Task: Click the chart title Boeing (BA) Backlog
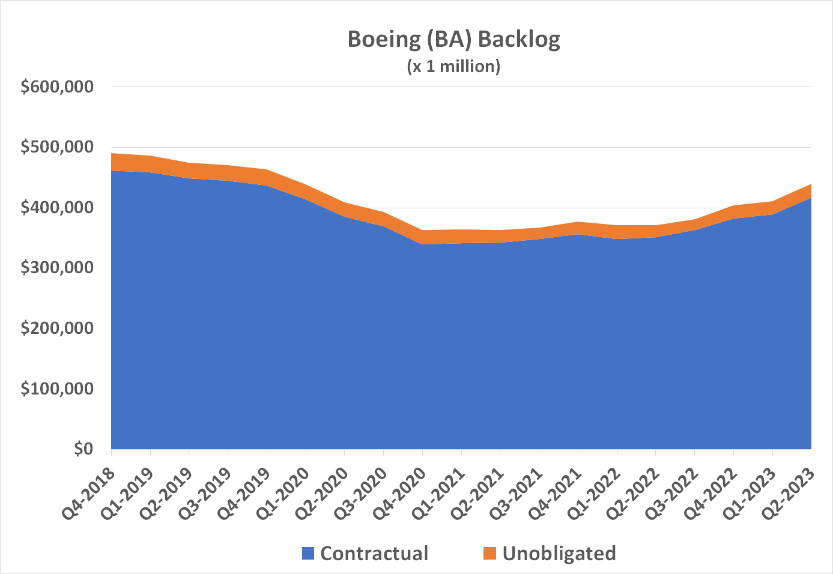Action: pos(453,40)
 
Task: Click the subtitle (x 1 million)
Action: pos(453,65)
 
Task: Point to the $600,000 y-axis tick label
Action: pos(57,86)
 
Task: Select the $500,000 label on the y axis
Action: pos(57,147)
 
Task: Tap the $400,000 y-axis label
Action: pos(57,208)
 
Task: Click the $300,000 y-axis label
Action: pos(57,268)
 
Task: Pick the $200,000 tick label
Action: pos(57,328)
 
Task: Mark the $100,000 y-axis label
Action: pos(57,388)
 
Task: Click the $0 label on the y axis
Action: pos(83,449)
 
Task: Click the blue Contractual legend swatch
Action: pos(308,554)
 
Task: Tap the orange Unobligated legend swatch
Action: pos(489,554)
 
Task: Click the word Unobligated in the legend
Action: pos(559,554)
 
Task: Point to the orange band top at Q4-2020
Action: pos(423,231)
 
